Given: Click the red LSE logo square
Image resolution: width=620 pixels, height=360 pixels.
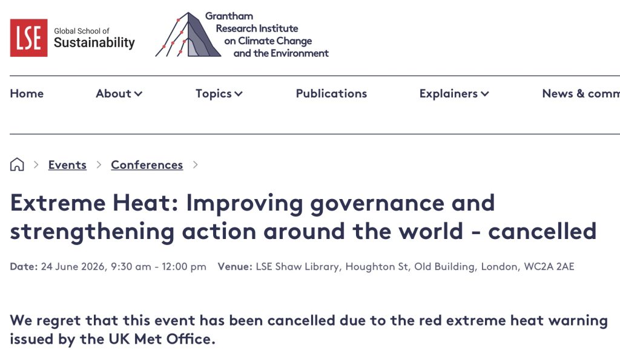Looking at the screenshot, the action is pos(29,38).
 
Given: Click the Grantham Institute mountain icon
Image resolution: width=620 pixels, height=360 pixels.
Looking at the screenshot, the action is pos(188,34).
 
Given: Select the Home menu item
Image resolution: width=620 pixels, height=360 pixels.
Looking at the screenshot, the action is pos(27,94).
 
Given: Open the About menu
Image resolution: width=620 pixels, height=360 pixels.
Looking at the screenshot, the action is pos(119,94).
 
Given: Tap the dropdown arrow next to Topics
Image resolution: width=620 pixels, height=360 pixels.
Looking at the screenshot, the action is pos(239,94).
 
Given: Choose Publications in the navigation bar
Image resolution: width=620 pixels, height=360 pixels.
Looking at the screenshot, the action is pos(331,94).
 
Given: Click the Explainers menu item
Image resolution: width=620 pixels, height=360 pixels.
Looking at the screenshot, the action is pos(454,94).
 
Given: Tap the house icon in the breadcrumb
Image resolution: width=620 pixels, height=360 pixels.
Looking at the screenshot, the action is pos(17,165).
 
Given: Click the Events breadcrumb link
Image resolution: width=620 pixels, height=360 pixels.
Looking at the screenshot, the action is pos(67,165).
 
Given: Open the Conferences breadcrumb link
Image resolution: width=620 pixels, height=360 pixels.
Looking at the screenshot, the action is pos(147,165).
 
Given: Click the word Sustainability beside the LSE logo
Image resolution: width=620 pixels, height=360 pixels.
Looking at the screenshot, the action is pos(94,43).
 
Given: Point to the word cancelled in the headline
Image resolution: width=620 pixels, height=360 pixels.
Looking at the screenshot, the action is pos(542,231).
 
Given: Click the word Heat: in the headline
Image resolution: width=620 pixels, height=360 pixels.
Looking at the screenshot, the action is pos(145,203).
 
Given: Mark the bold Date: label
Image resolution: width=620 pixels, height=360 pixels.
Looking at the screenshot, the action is pos(24,267).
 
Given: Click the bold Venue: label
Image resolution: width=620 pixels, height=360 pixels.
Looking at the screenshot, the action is pos(235,267).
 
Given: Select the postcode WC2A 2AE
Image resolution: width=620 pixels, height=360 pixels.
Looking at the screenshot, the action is pos(549,267).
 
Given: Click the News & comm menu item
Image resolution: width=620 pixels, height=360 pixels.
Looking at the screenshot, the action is pos(581,94).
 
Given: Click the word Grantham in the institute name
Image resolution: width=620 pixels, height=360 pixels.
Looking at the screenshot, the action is pos(229,16).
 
